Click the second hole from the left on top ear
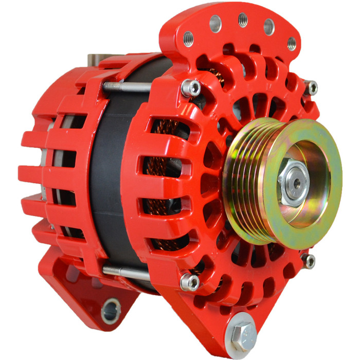tap(215, 24)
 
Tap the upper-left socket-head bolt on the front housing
tap(192, 87)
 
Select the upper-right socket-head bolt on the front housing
tap(311, 88)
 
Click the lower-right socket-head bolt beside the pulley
tap(308, 261)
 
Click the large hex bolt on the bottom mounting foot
tap(241, 333)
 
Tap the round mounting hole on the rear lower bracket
tap(111, 311)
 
